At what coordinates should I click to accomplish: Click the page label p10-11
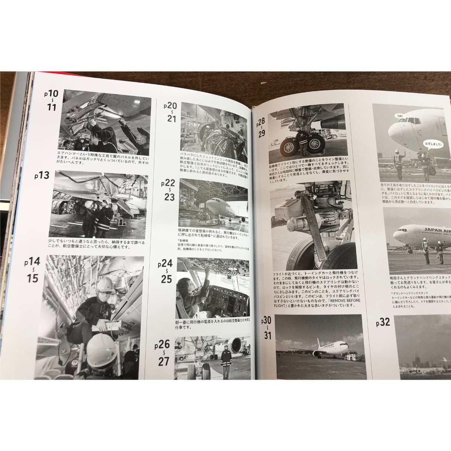click(x=50, y=102)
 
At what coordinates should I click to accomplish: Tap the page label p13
click(x=45, y=175)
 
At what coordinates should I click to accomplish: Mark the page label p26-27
click(x=165, y=352)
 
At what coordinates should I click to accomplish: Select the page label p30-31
click(x=267, y=327)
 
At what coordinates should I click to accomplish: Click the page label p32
click(x=383, y=322)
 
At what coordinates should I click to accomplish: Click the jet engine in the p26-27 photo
click(x=236, y=345)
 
